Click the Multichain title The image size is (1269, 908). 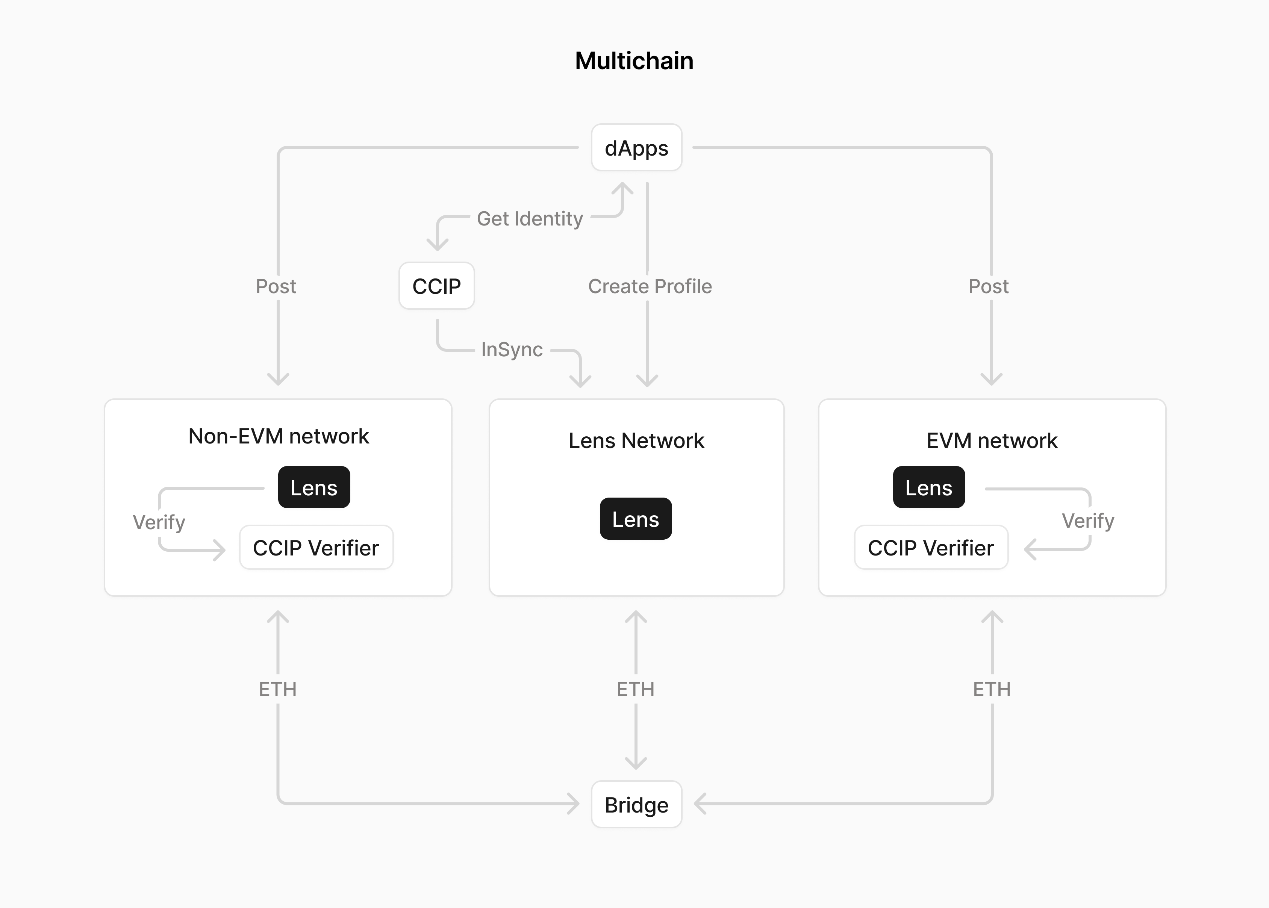click(x=634, y=61)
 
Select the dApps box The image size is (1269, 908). click(x=636, y=148)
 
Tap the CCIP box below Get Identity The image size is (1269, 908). click(x=437, y=286)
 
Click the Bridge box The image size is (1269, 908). click(x=636, y=805)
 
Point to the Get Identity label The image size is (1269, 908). click(x=530, y=219)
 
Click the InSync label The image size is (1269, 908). click(x=512, y=350)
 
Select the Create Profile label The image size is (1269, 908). click(x=650, y=286)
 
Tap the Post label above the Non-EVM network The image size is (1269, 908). click(x=276, y=286)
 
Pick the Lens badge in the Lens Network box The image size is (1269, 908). click(x=636, y=519)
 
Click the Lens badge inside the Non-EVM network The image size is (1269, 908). click(x=314, y=487)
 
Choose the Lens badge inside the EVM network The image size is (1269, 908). click(x=929, y=487)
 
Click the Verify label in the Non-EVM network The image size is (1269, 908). click(x=159, y=522)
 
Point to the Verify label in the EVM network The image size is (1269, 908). click(x=1088, y=521)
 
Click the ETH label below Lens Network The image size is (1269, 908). click(x=635, y=689)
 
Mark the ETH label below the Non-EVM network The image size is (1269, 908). click(x=277, y=689)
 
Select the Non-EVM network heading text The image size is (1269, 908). click(x=279, y=436)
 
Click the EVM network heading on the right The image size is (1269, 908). click(x=992, y=440)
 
